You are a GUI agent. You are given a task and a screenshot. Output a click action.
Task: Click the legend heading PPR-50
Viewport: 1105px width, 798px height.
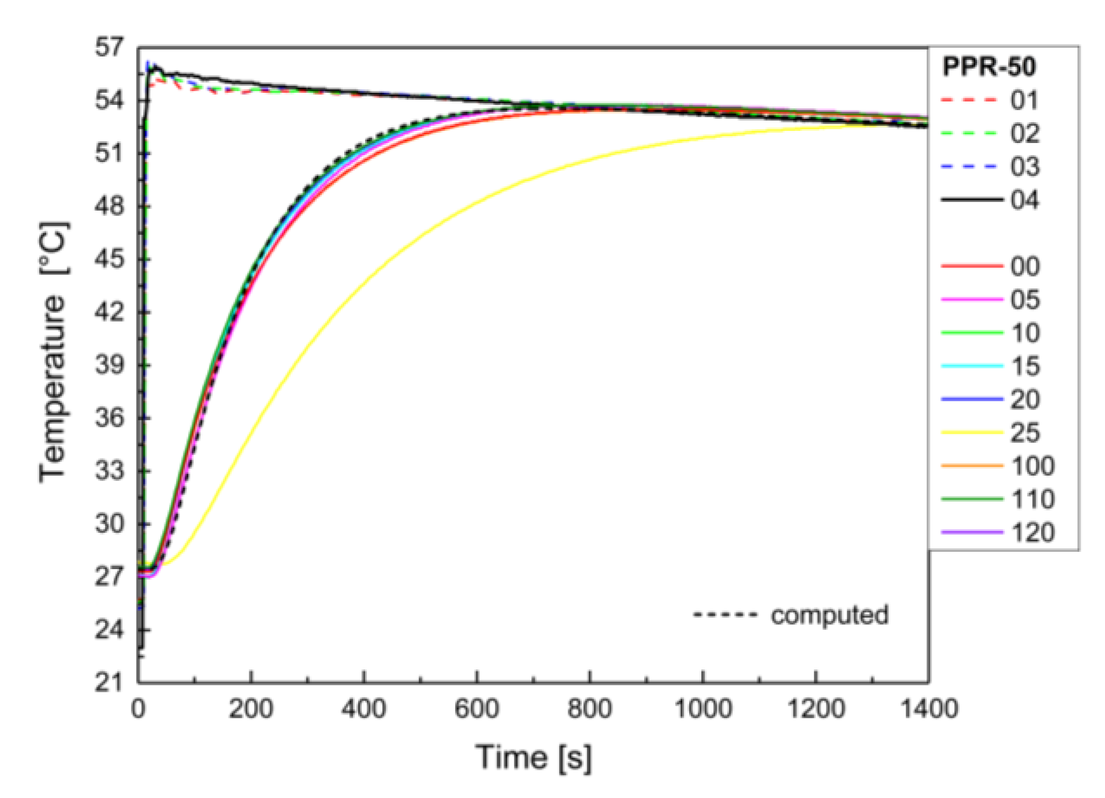pyautogui.click(x=989, y=67)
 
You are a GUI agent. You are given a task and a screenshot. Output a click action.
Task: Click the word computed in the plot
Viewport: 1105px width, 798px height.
pyautogui.click(x=829, y=615)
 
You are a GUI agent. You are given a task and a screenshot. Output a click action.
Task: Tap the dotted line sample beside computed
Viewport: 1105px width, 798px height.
pyautogui.click(x=725, y=615)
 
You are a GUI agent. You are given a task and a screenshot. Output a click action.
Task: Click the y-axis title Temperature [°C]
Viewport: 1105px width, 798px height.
pyautogui.click(x=54, y=352)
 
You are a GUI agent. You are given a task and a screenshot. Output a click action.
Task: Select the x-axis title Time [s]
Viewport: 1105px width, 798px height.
pyautogui.click(x=533, y=757)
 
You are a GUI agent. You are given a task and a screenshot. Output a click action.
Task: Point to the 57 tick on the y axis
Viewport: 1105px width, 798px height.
pyautogui.click(x=110, y=47)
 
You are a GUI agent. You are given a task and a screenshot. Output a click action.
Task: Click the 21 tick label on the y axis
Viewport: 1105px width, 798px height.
pyautogui.click(x=110, y=682)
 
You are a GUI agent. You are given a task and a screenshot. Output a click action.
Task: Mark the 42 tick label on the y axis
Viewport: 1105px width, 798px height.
pyautogui.click(x=110, y=312)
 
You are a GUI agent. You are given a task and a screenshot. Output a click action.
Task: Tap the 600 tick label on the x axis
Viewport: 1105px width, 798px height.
pyautogui.click(x=476, y=708)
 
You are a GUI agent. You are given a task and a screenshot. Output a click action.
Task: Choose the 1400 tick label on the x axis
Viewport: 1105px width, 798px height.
pyautogui.click(x=929, y=708)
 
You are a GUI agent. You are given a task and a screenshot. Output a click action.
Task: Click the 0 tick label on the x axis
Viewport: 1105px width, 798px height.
pyautogui.click(x=138, y=708)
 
